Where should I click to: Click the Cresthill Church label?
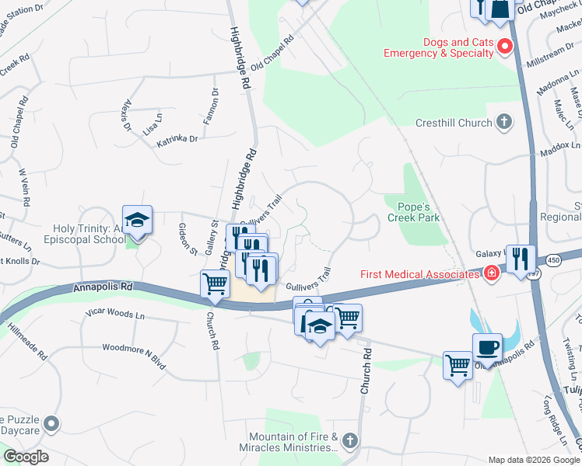(x=453, y=123)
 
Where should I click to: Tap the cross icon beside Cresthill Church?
(x=505, y=122)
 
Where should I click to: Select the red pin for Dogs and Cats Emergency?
(x=505, y=47)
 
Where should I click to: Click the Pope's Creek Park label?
(x=414, y=212)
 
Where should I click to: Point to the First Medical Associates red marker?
(x=491, y=273)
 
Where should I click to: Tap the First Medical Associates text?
(x=419, y=274)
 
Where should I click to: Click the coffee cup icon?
(x=487, y=346)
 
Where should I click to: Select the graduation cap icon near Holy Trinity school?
(x=137, y=221)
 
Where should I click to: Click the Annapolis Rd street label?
(x=103, y=287)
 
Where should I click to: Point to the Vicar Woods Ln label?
(x=115, y=316)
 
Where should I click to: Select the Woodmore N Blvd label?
(x=134, y=349)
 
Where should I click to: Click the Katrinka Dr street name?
(x=177, y=139)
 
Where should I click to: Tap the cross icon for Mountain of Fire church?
(x=349, y=441)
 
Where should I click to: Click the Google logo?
(x=26, y=457)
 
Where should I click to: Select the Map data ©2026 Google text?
(x=533, y=460)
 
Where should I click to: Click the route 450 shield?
(x=551, y=259)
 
